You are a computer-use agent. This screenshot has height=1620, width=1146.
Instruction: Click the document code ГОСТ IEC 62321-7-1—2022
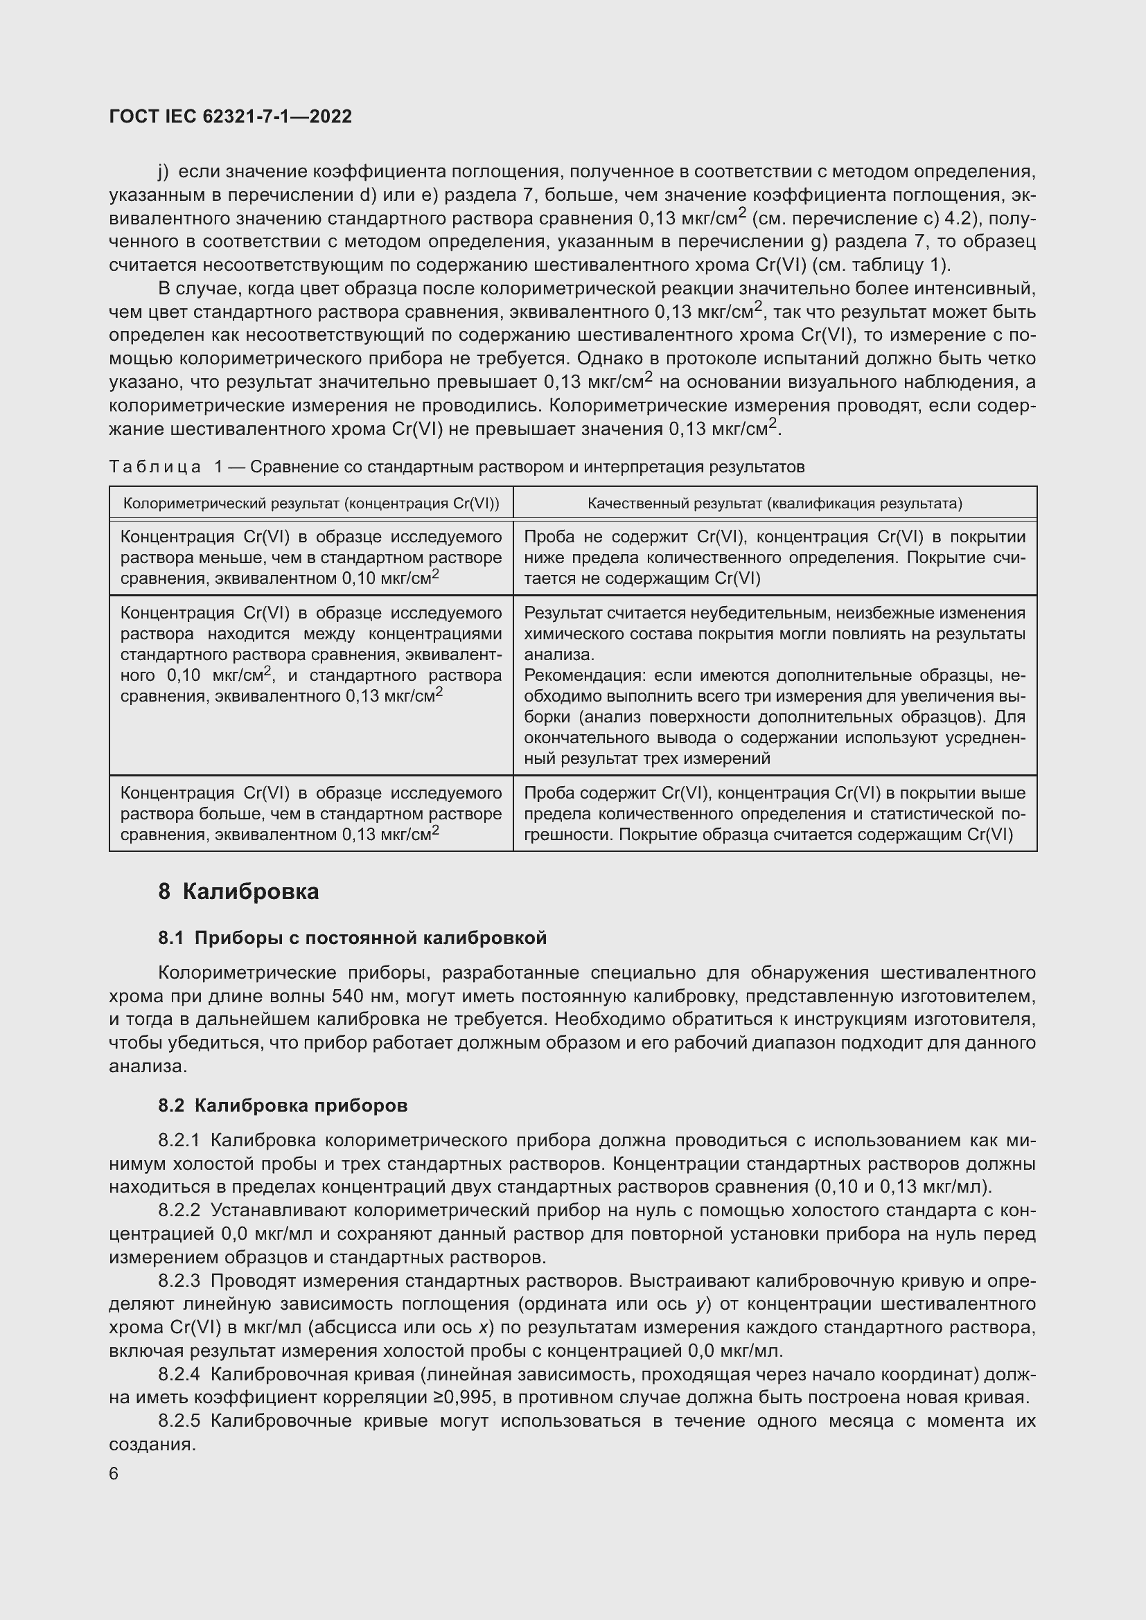click(230, 116)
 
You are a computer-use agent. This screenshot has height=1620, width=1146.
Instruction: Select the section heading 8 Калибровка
click(238, 892)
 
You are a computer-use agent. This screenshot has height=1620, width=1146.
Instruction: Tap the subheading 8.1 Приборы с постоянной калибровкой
click(352, 938)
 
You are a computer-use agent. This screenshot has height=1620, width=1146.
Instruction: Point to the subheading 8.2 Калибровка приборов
click(282, 1105)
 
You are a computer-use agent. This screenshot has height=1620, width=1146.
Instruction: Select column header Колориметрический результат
click(311, 503)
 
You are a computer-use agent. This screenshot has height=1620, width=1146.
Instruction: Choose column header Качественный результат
click(774, 503)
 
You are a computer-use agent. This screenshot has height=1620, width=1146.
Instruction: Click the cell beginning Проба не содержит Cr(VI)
click(774, 558)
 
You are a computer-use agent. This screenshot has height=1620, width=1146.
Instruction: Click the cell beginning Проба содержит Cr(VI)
click(774, 814)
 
